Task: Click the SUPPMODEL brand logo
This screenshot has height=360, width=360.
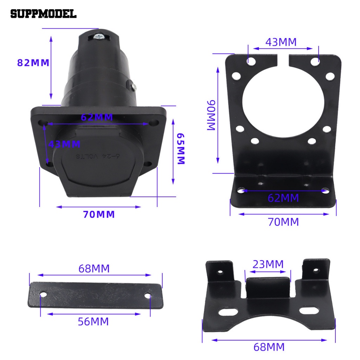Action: (x=43, y=14)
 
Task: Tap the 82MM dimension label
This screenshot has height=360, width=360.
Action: (x=33, y=63)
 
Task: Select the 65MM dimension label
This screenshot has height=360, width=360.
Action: (x=181, y=149)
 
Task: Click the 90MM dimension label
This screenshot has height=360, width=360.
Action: (x=211, y=115)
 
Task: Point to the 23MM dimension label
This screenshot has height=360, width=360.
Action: (x=268, y=264)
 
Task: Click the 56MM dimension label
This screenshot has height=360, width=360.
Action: (x=93, y=322)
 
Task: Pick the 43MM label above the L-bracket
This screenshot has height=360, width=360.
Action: (x=281, y=42)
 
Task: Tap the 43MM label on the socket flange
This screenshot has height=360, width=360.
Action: (x=64, y=144)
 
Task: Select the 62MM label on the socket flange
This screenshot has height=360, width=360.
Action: (x=97, y=117)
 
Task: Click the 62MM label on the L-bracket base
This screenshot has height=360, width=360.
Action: (x=283, y=198)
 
